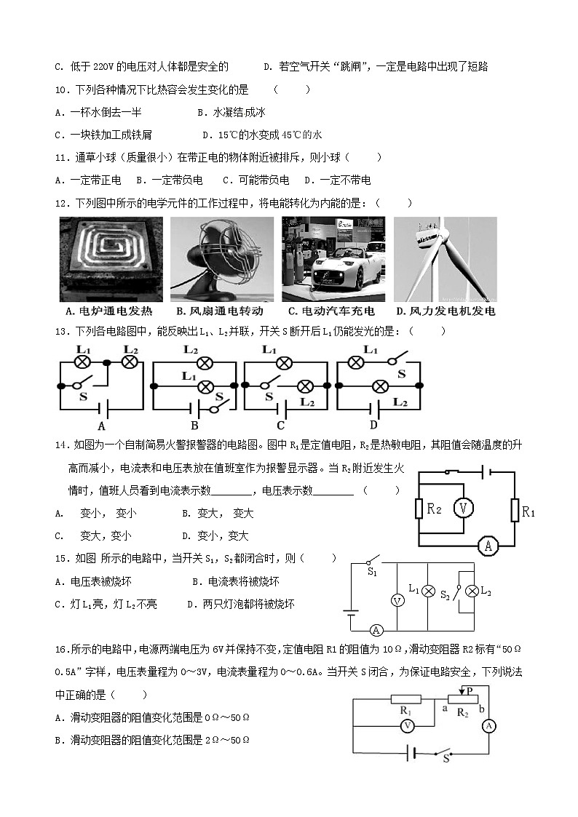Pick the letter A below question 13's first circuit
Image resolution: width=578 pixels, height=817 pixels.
(x=101, y=426)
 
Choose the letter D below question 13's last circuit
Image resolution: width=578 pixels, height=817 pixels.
(x=373, y=425)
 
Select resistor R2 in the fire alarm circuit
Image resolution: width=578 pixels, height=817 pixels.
(x=419, y=508)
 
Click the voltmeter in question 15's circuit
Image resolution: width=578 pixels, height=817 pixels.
(x=397, y=600)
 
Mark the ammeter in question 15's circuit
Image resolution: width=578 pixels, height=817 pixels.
(x=376, y=630)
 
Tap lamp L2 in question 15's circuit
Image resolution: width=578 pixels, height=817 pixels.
(x=471, y=591)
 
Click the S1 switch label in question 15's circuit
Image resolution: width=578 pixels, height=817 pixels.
(x=372, y=573)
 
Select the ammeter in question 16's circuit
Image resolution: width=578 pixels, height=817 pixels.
(x=490, y=725)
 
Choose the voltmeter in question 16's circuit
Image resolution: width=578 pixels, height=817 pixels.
(x=408, y=725)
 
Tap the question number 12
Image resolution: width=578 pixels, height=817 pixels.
(x=61, y=203)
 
